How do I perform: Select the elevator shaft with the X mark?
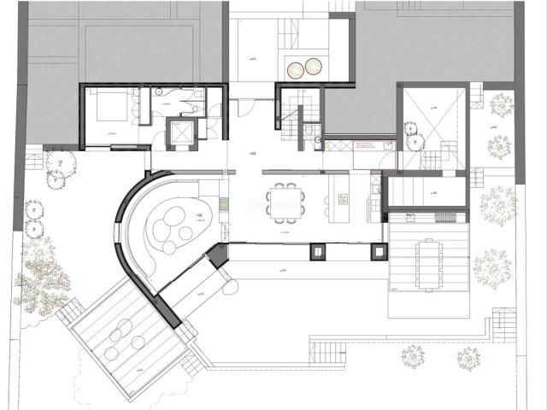click(x=182, y=133)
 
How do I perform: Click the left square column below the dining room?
click(x=317, y=251)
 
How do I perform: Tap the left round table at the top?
click(x=297, y=67)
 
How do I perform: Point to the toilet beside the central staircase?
click(x=315, y=132)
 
